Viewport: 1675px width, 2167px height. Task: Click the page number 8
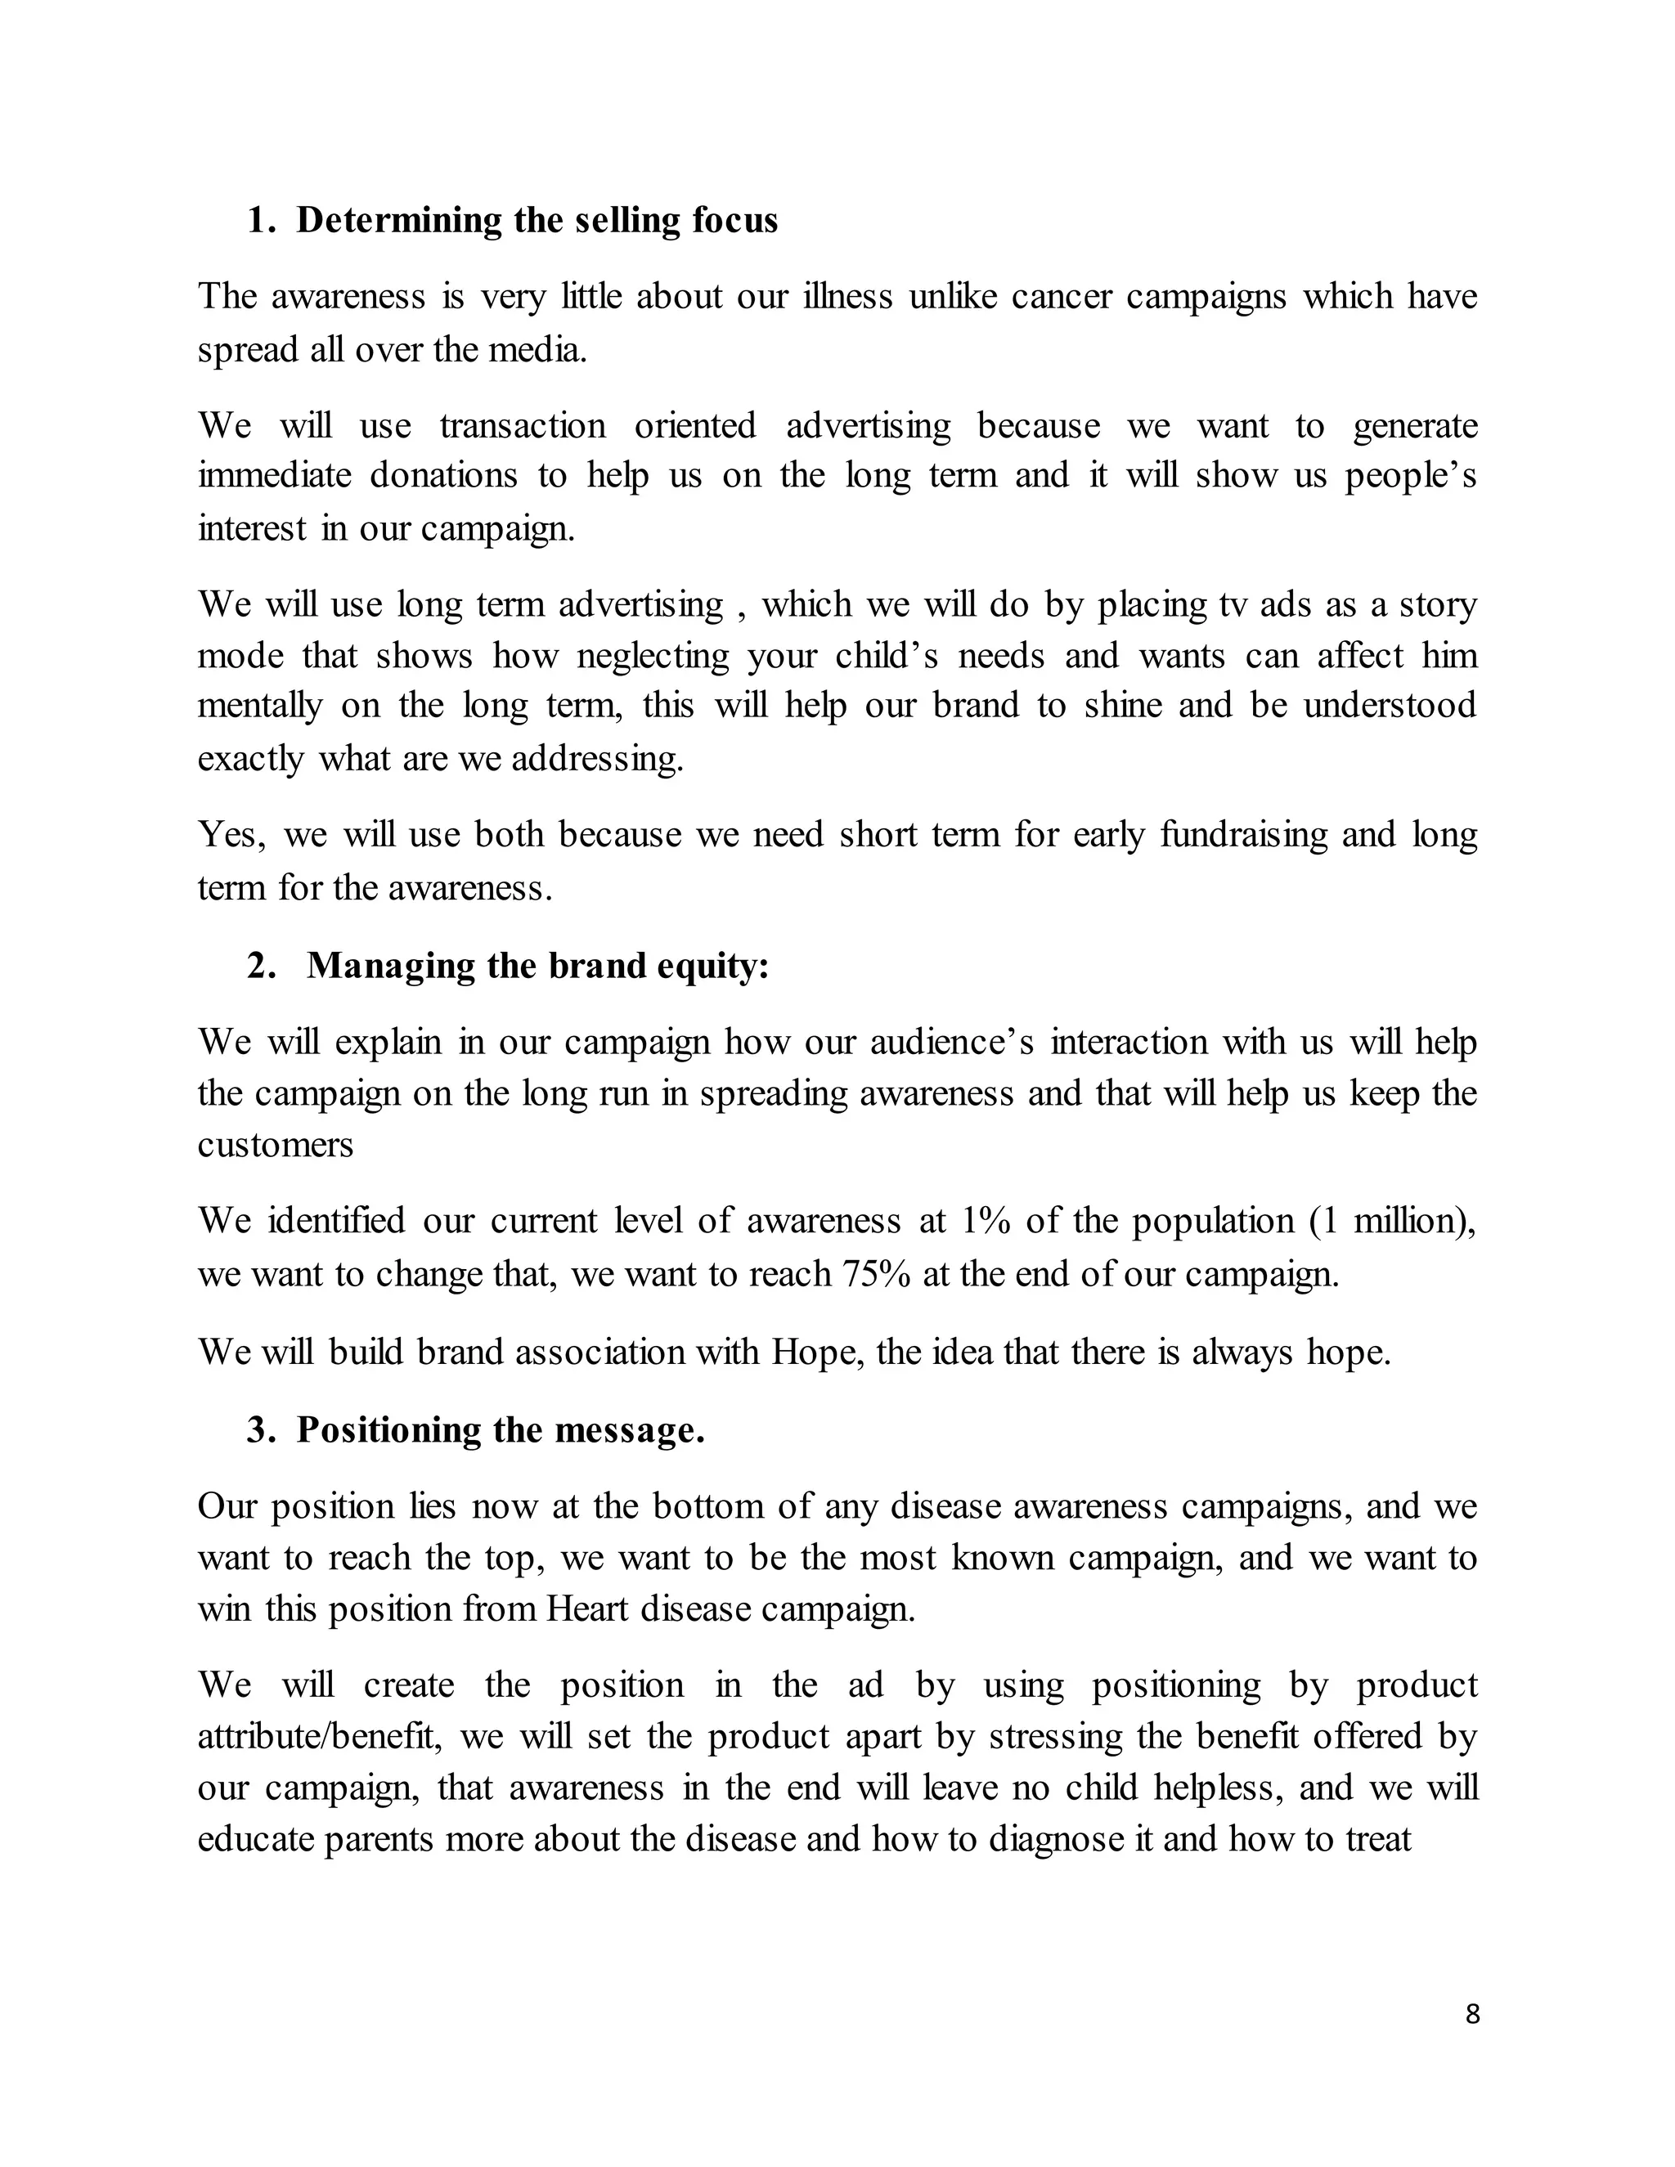[x=1472, y=2013]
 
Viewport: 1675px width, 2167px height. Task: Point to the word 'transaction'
[x=522, y=426]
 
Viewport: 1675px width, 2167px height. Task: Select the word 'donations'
[x=443, y=475]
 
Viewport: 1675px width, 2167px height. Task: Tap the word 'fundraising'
[x=1243, y=834]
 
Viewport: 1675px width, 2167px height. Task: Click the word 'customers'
[x=275, y=1144]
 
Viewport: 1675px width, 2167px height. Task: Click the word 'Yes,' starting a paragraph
[x=232, y=834]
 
